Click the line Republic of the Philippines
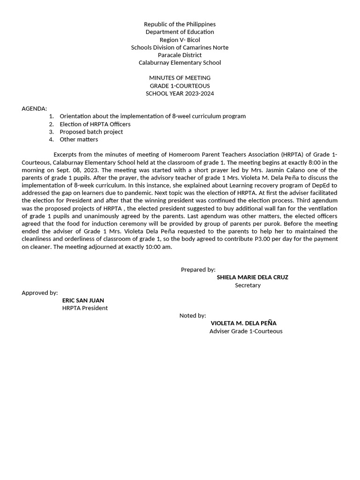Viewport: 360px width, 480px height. (x=180, y=24)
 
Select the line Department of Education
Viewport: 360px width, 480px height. (x=180, y=32)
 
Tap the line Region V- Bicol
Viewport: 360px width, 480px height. (x=180, y=40)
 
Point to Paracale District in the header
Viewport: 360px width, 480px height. (x=180, y=55)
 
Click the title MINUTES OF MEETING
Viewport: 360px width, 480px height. (x=180, y=78)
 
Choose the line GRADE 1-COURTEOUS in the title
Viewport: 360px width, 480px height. (x=180, y=86)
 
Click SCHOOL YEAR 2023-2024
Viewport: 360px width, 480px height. (x=180, y=93)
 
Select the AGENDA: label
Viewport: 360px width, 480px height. (x=34, y=109)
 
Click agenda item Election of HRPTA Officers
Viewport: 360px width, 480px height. (x=95, y=124)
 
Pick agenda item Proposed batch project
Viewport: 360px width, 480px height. (x=91, y=132)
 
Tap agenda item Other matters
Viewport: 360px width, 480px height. (x=79, y=139)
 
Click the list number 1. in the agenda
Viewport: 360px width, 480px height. (x=51, y=116)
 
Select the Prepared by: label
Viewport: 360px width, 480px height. (x=198, y=270)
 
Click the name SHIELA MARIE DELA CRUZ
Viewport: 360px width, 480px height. (x=252, y=277)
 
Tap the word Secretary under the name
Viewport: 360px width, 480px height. (x=247, y=285)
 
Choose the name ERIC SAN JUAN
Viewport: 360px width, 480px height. (x=83, y=300)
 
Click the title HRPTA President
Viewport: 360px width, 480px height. (x=85, y=308)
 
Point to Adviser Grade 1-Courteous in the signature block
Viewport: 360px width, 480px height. (x=246, y=331)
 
